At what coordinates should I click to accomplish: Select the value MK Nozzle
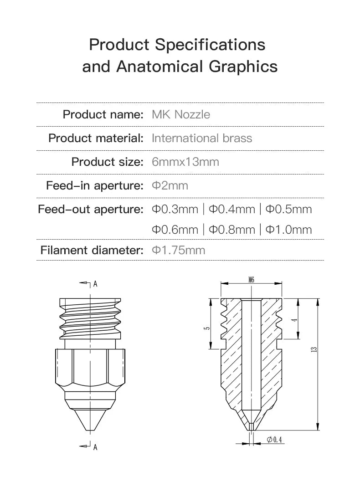[x=181, y=114]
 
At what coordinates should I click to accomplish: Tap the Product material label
[x=96, y=138]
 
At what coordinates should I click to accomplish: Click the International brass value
[x=201, y=138]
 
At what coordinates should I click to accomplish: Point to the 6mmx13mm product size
[x=185, y=162]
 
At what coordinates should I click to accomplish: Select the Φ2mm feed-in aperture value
[x=170, y=185]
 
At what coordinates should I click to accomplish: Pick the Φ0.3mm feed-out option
[x=175, y=209]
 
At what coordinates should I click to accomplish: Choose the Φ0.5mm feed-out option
[x=289, y=209]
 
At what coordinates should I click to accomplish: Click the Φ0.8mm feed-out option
[x=232, y=230]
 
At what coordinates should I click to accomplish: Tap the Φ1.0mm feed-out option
[x=289, y=230]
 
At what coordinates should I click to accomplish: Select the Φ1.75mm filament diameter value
[x=178, y=250]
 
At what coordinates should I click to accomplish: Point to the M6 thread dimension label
[x=252, y=280]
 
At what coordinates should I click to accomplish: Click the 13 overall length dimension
[x=314, y=349]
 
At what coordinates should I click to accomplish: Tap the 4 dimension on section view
[x=295, y=319]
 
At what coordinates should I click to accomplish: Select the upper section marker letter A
[x=95, y=284]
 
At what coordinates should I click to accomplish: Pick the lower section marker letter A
[x=95, y=447]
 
